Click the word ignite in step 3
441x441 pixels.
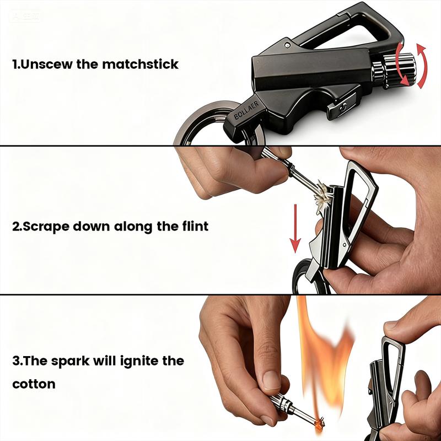click(x=135, y=362)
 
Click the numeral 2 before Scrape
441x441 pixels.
click(x=15, y=226)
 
